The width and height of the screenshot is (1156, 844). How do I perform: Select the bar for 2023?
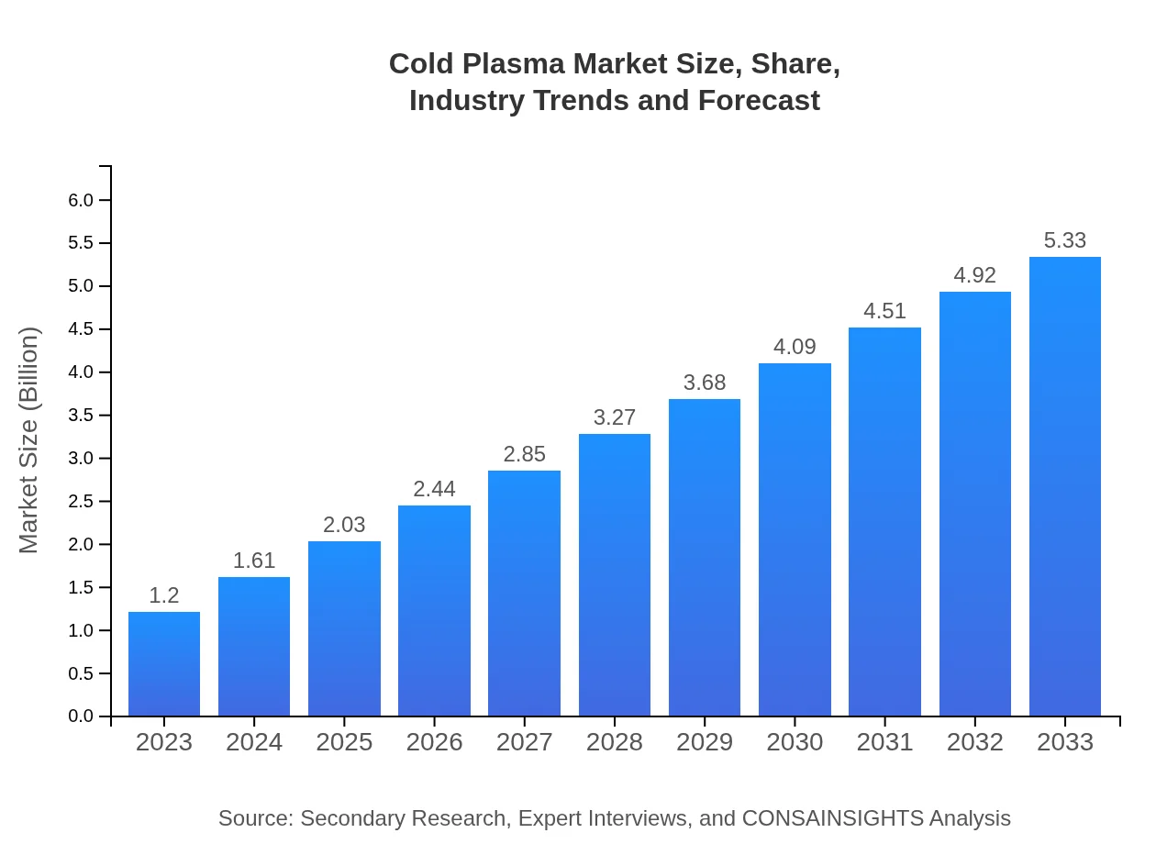coord(164,663)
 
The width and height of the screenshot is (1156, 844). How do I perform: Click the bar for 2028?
coord(615,575)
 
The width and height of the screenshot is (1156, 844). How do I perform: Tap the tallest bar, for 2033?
coord(1065,486)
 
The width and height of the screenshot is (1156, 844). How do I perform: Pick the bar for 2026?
coord(434,610)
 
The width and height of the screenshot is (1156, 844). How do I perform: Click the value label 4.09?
coord(795,347)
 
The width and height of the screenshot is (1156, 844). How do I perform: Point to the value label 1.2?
coord(164,595)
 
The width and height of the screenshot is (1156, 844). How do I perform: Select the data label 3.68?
coord(705,383)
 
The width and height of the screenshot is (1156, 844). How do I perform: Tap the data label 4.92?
coord(974,275)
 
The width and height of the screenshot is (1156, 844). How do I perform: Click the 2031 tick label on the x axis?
coord(884,742)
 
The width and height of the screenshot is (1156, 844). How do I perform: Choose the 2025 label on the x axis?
coord(344,742)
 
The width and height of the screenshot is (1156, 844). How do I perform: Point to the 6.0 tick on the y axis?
coord(81,201)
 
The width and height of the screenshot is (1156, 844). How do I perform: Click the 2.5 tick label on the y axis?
coord(81,502)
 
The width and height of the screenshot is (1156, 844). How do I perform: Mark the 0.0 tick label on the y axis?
coord(81,716)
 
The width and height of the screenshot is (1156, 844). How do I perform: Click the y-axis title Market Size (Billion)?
coord(29,440)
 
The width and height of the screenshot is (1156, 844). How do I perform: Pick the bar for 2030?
coord(795,539)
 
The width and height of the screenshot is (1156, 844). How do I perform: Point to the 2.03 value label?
coord(344,525)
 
